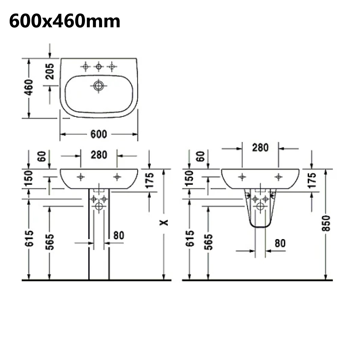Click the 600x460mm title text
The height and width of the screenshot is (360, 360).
point(64,21)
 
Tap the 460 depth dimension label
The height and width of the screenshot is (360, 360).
point(29,87)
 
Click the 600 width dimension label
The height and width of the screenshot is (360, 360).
point(99,134)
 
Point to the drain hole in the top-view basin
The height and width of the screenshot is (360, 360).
point(98,86)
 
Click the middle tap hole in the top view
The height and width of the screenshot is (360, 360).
point(99,67)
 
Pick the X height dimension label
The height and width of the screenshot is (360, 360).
point(164,223)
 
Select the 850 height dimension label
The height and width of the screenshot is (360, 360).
point(326,223)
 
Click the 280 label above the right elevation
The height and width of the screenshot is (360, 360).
point(260,148)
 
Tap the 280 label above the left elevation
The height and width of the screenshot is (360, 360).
point(99,155)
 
